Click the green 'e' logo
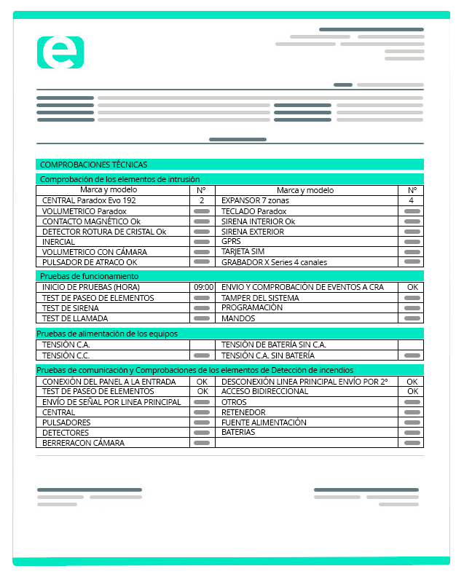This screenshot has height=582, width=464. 60,52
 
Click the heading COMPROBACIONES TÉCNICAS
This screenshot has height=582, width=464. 93,165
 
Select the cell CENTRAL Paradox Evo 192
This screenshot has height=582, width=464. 89,200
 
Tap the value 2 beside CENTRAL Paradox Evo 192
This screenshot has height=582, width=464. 202,200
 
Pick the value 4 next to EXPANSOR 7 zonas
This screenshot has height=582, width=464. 412,200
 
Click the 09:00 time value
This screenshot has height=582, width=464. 203,287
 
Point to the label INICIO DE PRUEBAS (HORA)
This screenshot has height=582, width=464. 91,287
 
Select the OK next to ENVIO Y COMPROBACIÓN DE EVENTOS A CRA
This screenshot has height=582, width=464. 412,287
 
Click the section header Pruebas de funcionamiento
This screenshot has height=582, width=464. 89,276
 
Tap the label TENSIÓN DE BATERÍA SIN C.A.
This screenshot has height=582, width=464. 273,345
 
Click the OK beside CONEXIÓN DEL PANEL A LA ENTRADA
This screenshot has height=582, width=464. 202,381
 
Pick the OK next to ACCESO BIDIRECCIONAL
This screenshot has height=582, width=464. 412,391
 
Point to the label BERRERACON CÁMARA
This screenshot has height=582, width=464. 83,442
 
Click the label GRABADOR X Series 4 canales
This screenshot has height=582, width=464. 274,262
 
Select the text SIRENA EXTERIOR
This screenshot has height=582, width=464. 253,232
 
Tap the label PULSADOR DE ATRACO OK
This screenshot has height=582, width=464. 90,262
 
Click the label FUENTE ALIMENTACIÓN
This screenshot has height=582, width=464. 264,422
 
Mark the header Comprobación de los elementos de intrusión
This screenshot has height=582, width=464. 119,179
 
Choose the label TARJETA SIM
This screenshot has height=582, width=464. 243,252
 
